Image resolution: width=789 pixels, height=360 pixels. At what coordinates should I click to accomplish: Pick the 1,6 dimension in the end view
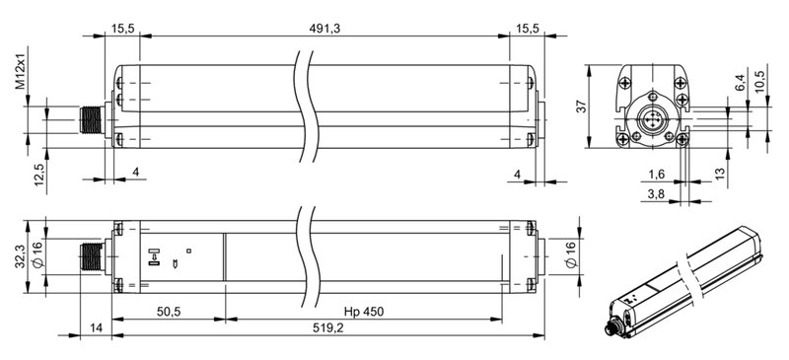656,174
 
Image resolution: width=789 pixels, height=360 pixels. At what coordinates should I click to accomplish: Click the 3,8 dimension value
656,194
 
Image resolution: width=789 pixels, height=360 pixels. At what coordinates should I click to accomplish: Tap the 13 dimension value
721,174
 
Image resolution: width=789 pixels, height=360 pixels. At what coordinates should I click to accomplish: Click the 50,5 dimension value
169,312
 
